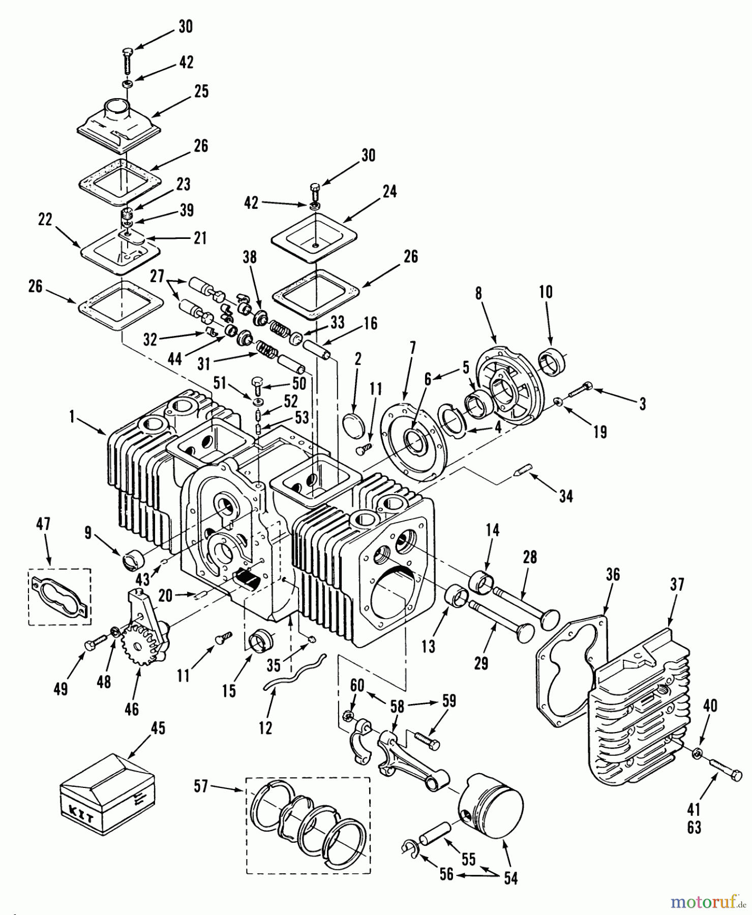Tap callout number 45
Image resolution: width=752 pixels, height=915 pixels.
click(x=158, y=728)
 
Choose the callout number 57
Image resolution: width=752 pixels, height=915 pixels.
click(x=201, y=786)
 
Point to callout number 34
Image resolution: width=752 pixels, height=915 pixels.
click(x=566, y=496)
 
